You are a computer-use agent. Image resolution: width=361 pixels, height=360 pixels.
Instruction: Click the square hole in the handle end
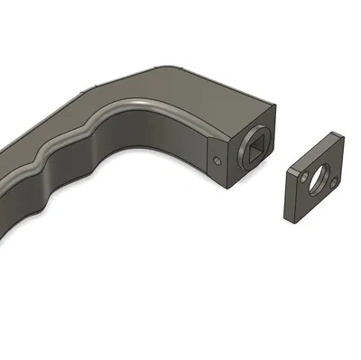pos(255,147)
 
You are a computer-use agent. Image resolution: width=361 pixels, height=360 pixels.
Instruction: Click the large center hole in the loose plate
pos(319,178)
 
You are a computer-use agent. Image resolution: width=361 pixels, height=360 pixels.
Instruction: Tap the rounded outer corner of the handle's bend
pos(180,72)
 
